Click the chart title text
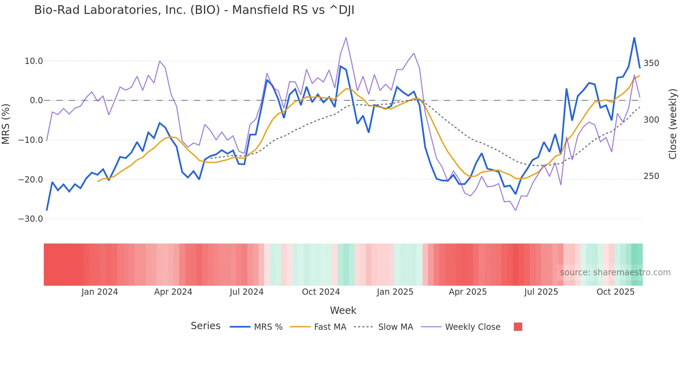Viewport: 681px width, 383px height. tap(194, 10)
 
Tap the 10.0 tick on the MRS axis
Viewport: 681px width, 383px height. tap(34, 61)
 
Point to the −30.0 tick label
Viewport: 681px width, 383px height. tap(31, 219)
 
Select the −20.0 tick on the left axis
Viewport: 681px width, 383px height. tap(31, 180)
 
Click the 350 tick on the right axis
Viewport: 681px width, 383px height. tap(651, 63)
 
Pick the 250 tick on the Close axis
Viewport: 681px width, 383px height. tap(651, 176)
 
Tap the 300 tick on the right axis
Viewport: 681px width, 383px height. tap(651, 120)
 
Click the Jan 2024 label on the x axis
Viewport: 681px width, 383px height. tap(100, 292)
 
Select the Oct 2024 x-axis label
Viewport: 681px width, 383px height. tap(321, 292)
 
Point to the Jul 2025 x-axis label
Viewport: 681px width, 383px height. tap(541, 292)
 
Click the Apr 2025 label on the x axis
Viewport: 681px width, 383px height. tap(468, 292)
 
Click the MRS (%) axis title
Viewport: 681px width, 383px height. tap(6, 124)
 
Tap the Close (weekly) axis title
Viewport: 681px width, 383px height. tap(673, 124)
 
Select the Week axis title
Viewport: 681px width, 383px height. tap(343, 310)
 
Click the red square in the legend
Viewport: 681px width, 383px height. tap(518, 327)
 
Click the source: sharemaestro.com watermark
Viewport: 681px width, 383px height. tap(615, 272)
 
